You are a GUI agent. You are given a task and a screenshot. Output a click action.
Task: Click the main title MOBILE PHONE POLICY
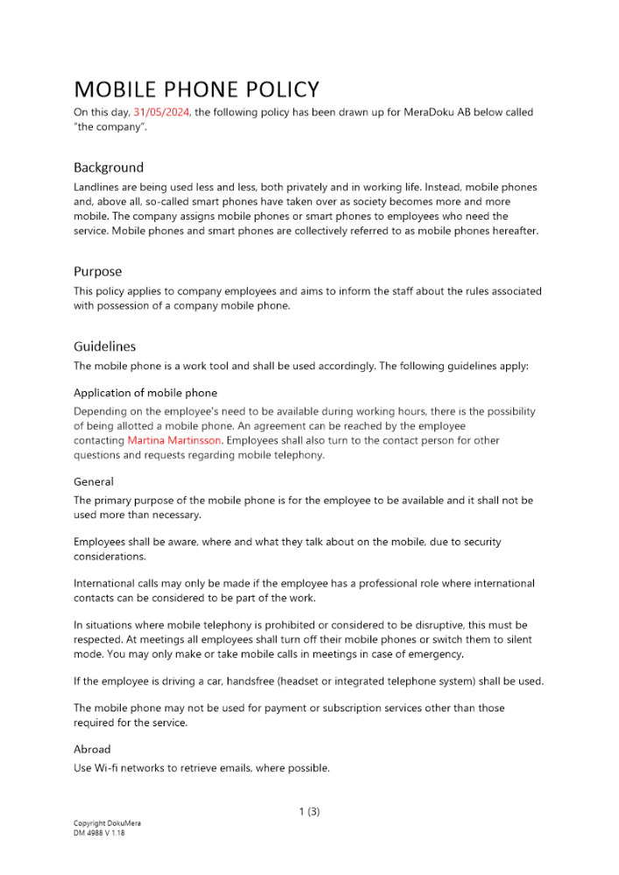pyautogui.click(x=196, y=89)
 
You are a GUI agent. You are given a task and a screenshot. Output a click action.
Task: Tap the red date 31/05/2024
pyautogui.click(x=162, y=112)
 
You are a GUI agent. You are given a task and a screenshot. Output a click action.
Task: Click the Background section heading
pyautogui.click(x=109, y=167)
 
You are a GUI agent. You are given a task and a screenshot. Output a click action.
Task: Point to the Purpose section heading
pyautogui.click(x=98, y=271)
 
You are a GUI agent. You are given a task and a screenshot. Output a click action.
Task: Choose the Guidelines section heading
pyautogui.click(x=105, y=346)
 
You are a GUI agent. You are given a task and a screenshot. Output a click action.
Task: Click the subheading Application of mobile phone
pyautogui.click(x=145, y=393)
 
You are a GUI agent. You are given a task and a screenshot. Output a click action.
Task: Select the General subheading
pyautogui.click(x=94, y=481)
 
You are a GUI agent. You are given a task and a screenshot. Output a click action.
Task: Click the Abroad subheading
pyautogui.click(x=92, y=749)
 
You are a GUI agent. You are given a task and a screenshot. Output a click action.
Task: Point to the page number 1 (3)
pyautogui.click(x=309, y=812)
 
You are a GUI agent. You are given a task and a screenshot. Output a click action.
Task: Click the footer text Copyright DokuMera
pyautogui.click(x=107, y=823)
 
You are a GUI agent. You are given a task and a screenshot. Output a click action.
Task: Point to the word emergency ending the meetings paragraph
pyautogui.click(x=437, y=654)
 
